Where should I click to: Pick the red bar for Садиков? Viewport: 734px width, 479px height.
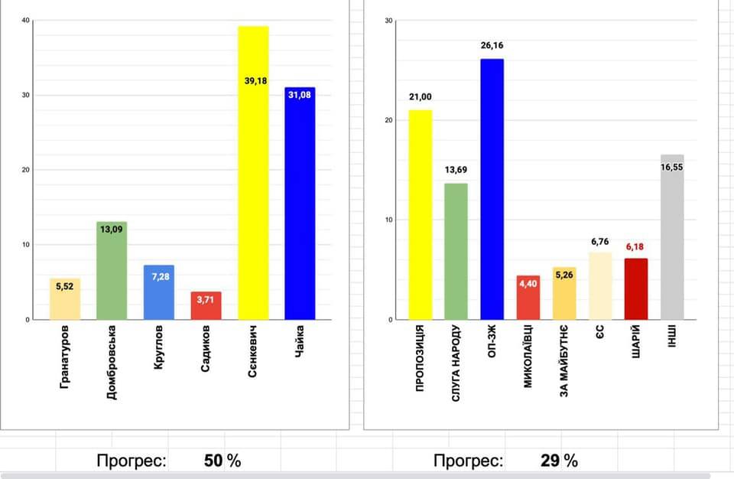206,305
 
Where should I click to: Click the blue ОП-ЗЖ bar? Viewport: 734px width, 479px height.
492,191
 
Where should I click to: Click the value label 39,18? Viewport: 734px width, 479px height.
255,80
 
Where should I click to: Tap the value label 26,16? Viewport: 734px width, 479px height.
492,46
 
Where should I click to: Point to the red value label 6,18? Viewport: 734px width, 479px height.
635,248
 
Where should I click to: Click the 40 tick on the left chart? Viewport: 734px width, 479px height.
26,21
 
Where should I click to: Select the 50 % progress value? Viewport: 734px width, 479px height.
222,461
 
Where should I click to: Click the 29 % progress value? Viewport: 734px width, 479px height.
559,461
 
